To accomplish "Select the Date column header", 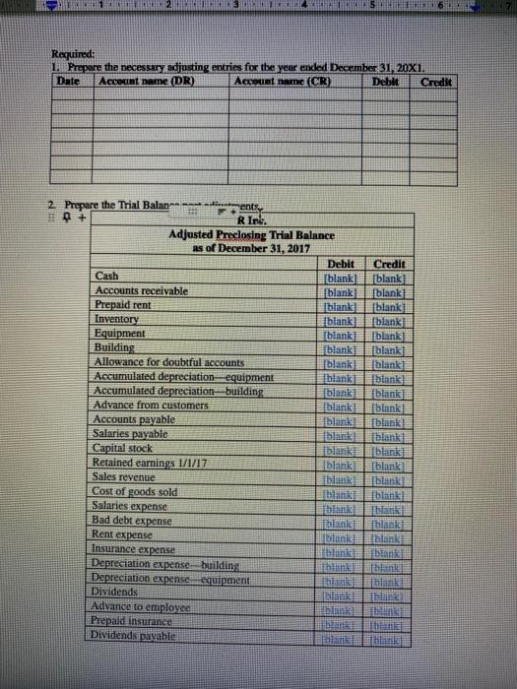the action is coord(70,82).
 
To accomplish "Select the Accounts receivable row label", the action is coord(145,291).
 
